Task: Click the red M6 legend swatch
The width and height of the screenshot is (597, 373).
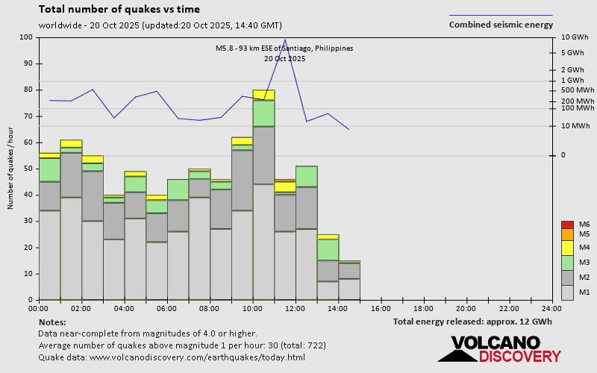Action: [567, 225]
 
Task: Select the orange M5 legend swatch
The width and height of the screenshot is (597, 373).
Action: [567, 233]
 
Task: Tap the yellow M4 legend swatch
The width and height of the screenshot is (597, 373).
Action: [567, 247]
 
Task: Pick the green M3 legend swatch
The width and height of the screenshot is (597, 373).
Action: [567, 263]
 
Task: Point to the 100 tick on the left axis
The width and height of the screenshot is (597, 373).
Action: [27, 37]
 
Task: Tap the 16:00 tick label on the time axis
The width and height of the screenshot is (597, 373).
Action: [381, 307]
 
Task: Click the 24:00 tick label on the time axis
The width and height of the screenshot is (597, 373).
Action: [551, 307]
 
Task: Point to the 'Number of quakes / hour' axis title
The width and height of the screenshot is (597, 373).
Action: [11, 169]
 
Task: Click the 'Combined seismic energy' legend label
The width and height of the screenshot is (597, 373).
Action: [501, 25]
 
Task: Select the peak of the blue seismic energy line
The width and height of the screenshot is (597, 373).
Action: [285, 40]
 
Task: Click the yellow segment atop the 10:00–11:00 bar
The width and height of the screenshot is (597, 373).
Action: [263, 95]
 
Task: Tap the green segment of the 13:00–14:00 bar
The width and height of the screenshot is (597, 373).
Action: [328, 249]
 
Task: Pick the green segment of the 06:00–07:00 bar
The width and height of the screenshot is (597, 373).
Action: [178, 189]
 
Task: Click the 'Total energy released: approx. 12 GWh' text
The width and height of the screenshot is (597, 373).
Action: [472, 322]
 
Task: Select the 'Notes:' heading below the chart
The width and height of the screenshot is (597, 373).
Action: [51, 322]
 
